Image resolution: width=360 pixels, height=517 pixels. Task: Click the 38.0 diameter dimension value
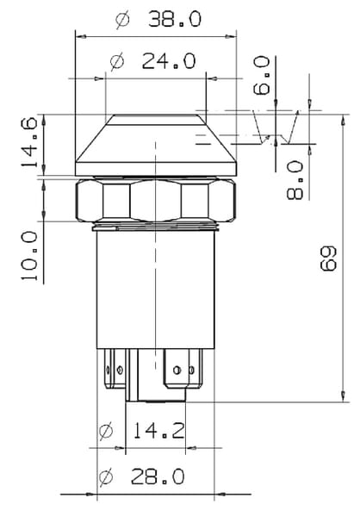pyautogui.click(x=174, y=19)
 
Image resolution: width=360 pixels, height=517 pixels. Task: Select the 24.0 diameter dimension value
pyautogui.click(x=169, y=60)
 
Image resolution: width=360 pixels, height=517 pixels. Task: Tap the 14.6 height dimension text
pyautogui.click(x=29, y=142)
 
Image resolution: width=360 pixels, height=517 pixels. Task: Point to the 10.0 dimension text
pyautogui.click(x=29, y=256)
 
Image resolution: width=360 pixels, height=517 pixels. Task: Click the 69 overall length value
pyautogui.click(x=328, y=258)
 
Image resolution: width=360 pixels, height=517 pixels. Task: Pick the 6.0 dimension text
pyautogui.click(x=262, y=76)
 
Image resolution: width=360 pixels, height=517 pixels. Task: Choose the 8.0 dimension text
pyautogui.click(x=295, y=180)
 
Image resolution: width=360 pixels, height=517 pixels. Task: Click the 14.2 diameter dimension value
pyautogui.click(x=159, y=430)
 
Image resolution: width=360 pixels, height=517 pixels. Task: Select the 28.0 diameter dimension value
pyautogui.click(x=158, y=477)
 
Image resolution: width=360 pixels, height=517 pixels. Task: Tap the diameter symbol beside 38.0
pyautogui.click(x=122, y=19)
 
